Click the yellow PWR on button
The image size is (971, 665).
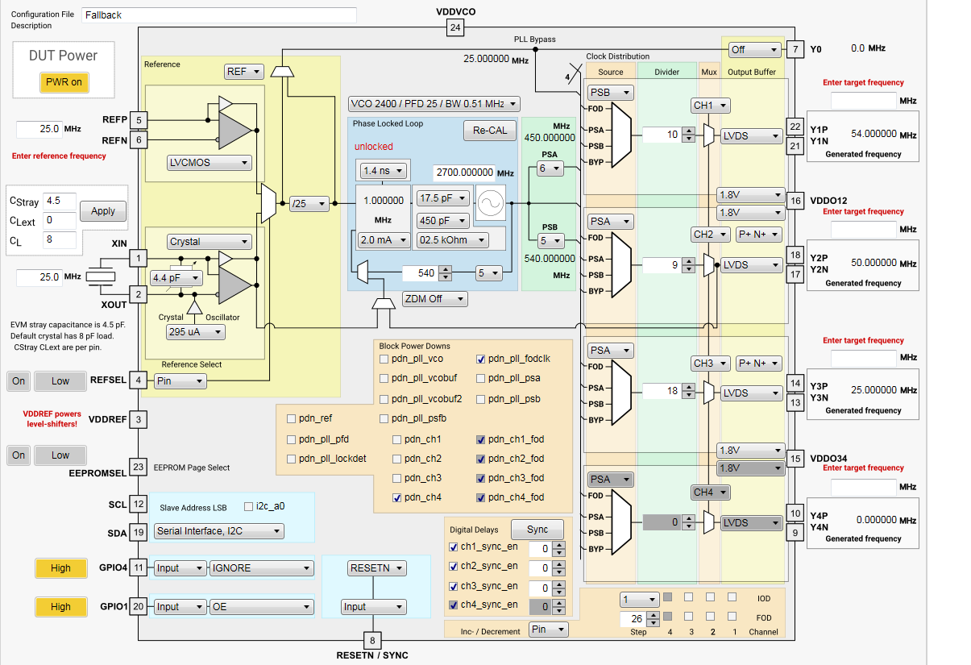[64, 82]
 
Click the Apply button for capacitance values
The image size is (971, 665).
[103, 211]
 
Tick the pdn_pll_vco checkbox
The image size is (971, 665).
[384, 359]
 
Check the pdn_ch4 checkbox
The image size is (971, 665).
[397, 497]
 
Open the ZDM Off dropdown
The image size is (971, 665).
[434, 299]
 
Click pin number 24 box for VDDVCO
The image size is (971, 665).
[455, 28]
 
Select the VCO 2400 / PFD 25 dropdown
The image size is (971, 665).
[434, 104]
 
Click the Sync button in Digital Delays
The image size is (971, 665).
[537, 530]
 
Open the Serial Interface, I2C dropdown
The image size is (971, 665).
[219, 531]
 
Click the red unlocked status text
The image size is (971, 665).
[374, 147]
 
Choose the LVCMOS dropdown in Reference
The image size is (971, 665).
[209, 163]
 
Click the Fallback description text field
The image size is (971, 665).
[218, 15]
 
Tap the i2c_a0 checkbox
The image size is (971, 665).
[248, 507]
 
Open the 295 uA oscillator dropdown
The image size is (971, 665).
[195, 332]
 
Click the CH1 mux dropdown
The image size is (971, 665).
[711, 106]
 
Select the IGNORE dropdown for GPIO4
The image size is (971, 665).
[261, 568]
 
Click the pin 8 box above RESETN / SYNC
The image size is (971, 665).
[371, 641]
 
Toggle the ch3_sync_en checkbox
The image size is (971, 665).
[454, 586]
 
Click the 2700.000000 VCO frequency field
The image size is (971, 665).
[464, 172]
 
